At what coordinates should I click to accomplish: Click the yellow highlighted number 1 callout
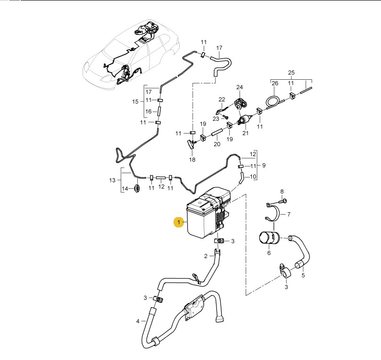[179, 222]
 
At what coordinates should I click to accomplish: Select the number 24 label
[240, 87]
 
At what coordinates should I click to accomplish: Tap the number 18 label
[192, 159]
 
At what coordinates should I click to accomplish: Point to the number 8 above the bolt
[282, 192]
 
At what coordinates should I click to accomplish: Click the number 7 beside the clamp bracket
[289, 214]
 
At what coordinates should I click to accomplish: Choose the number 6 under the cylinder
[269, 253]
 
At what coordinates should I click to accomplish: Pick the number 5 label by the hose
[303, 276]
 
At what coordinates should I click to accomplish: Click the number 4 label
[138, 321]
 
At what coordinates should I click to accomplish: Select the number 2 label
[206, 256]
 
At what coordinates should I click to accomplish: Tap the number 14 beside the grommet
[124, 189]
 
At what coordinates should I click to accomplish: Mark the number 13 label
[112, 180]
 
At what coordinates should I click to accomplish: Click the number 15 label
[135, 101]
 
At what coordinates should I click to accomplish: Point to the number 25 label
[291, 73]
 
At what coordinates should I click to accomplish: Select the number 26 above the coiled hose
[275, 84]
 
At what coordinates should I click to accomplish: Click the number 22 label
[222, 100]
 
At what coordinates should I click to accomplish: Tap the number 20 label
[217, 144]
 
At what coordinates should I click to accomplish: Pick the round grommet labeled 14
[138, 189]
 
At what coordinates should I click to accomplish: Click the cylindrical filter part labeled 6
[269, 238]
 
